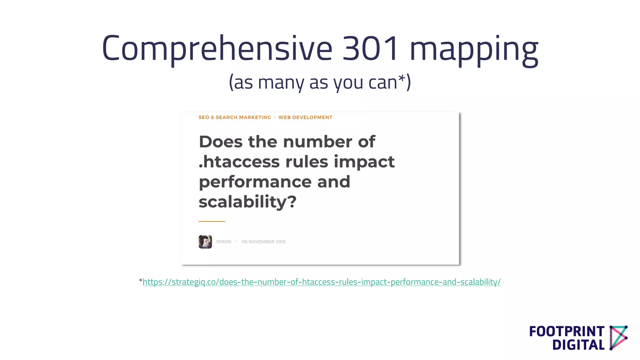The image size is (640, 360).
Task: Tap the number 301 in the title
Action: pyautogui.click(x=371, y=48)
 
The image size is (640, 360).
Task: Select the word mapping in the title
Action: pyautogui.click(x=474, y=50)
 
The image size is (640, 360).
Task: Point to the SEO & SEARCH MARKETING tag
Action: pyautogui.click(x=235, y=117)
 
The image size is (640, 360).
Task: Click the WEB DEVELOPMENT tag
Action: pyautogui.click(x=305, y=117)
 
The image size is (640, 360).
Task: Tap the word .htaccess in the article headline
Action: pyautogui.click(x=239, y=162)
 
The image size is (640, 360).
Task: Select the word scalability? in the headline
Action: pyautogui.click(x=247, y=202)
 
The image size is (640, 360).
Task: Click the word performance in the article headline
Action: pyautogui.click(x=255, y=182)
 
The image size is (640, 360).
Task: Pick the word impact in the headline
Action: pyautogui.click(x=364, y=162)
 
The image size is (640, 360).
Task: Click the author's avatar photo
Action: pyautogui.click(x=205, y=242)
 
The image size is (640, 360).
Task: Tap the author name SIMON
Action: pyautogui.click(x=224, y=242)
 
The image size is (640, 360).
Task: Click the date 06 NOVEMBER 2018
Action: pyautogui.click(x=263, y=242)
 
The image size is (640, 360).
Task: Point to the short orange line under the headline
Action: pyautogui.click(x=212, y=221)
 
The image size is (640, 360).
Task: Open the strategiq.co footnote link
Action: pyautogui.click(x=322, y=282)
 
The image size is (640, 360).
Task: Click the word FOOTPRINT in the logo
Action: pyautogui.click(x=567, y=332)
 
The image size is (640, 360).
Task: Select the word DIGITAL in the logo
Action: pyautogui.click(x=578, y=345)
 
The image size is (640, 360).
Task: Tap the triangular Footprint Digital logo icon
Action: pyautogui.click(x=618, y=337)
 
